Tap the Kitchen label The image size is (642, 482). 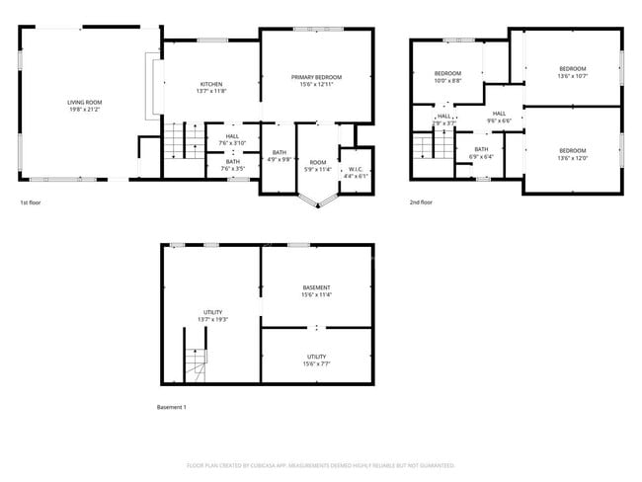211,88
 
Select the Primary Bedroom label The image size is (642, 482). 316,81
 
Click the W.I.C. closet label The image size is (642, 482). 354,173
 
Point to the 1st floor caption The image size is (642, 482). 31,202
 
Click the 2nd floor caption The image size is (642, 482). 421,202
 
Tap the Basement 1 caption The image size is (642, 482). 171,407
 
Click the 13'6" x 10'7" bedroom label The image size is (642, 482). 573,72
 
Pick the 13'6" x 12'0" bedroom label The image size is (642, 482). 573,154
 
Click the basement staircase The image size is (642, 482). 195,366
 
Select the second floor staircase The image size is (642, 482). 423,148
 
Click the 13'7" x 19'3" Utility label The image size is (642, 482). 212,316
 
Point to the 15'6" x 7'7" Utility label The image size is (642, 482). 316,361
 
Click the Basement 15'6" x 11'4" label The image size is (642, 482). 316,290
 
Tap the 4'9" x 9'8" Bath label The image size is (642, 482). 280,155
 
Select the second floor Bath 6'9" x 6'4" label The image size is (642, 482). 480,152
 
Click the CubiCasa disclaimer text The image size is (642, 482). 320,465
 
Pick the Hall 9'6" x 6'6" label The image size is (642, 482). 499,117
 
